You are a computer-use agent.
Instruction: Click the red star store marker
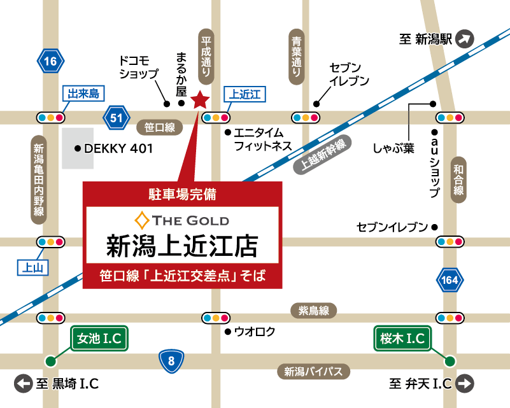[x=200, y=100]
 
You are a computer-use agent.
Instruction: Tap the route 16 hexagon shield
[x=51, y=62]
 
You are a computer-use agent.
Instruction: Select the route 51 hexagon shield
[x=116, y=118]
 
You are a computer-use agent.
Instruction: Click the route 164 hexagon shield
[x=450, y=280]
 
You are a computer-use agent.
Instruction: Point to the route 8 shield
[x=171, y=362]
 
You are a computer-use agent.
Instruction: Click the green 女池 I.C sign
[x=100, y=339]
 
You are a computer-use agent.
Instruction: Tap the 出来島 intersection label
[x=84, y=94]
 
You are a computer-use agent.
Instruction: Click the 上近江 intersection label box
[x=244, y=95]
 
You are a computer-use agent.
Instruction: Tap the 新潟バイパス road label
[x=313, y=372]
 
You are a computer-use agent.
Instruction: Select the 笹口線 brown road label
[x=159, y=127]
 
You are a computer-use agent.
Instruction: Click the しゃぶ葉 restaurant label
[x=393, y=149]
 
